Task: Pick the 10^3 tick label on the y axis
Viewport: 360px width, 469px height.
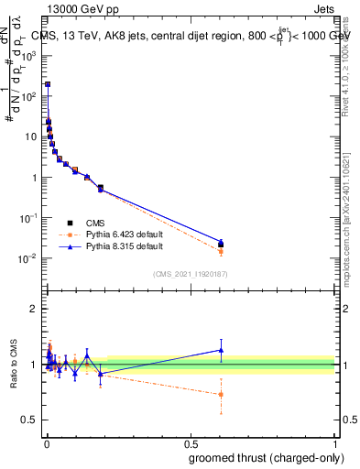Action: pos(29,56)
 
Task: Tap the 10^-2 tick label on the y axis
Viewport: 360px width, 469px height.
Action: pos(28,258)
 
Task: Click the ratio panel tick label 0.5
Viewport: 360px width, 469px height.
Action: pos(29,420)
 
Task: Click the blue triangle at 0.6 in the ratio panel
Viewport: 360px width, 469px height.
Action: pos(221,349)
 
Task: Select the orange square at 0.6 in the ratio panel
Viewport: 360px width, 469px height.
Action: pos(221,395)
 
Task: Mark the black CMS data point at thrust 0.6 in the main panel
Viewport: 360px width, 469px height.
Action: pos(221,244)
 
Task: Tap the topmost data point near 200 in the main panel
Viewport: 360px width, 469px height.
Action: pos(48,84)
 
